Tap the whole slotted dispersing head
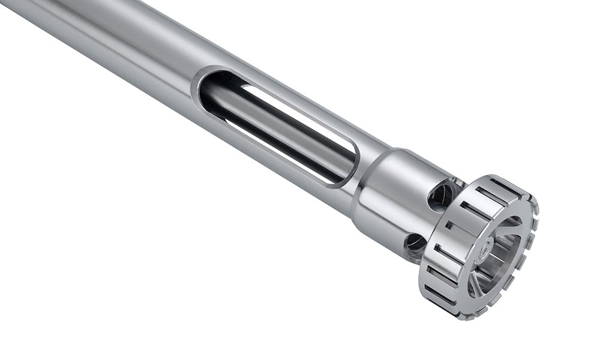(x=480, y=246)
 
